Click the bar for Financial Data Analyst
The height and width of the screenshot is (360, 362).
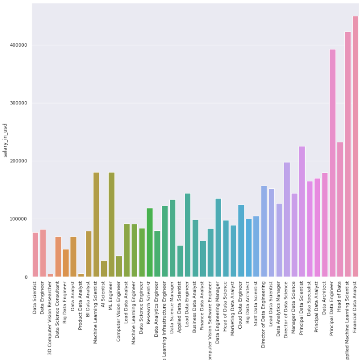click(x=355, y=147)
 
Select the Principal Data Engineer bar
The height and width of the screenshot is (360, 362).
click(x=333, y=163)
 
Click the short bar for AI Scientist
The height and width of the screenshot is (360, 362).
click(x=104, y=269)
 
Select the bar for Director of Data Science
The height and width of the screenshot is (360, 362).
click(x=287, y=220)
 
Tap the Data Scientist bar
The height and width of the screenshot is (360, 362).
click(x=35, y=255)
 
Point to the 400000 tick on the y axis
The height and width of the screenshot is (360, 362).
click(x=19, y=45)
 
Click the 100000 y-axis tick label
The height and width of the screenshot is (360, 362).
click(x=19, y=219)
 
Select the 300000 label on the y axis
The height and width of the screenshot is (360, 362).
click(x=19, y=103)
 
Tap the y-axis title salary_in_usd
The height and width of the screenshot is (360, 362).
click(x=5, y=140)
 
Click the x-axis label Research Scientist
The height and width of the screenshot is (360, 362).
click(x=150, y=298)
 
